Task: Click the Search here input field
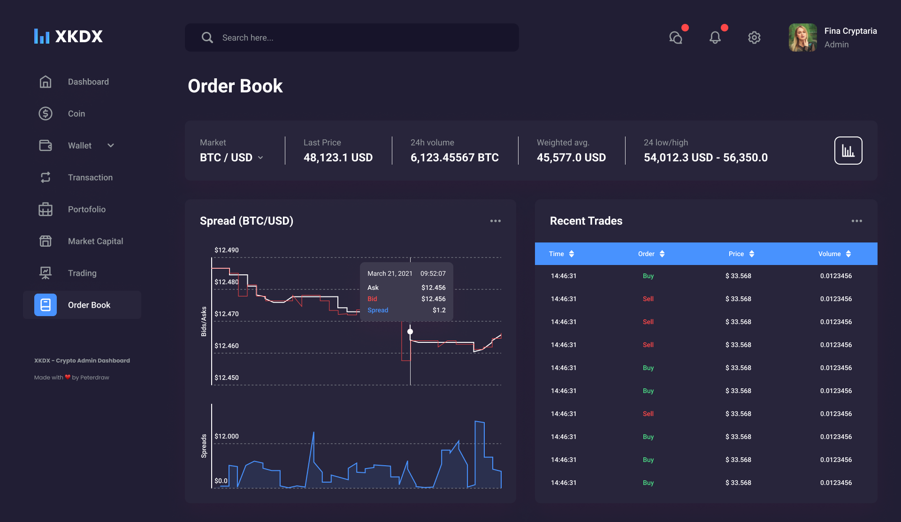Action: pos(352,38)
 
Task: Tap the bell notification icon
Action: pos(715,38)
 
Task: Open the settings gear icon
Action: pos(754,38)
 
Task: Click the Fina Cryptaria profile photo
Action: pos(802,38)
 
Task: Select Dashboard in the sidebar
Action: pos(88,82)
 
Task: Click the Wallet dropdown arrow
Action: pos(111,145)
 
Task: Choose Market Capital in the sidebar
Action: pos(95,241)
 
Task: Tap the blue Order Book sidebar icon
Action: pos(46,305)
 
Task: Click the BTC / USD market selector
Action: pos(231,158)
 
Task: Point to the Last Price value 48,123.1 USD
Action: pos(338,158)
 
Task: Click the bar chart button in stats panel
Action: pos(848,151)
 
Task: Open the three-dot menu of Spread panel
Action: pos(496,221)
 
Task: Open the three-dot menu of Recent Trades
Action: pos(857,221)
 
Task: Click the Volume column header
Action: pos(829,254)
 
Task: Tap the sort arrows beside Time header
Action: pos(572,254)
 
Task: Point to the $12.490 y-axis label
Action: pos(227,250)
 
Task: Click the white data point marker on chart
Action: pos(410,332)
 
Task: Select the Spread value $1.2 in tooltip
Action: pos(439,310)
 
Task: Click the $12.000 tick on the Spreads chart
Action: pos(227,436)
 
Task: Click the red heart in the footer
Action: pos(68,377)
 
